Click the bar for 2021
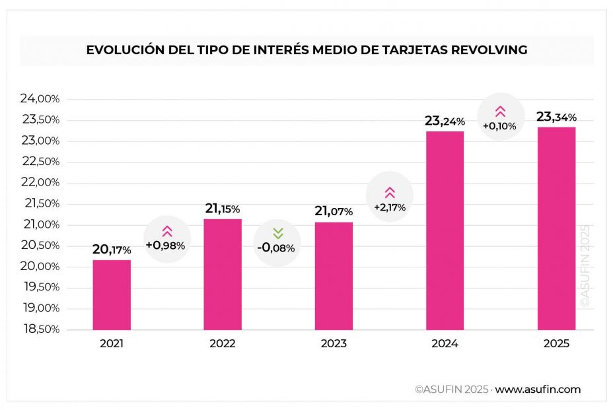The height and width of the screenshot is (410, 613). tap(112, 294)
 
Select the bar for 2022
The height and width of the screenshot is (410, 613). tap(223, 274)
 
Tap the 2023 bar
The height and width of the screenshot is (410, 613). tap(334, 275)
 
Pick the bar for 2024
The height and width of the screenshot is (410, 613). tap(445, 230)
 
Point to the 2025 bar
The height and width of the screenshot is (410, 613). tap(556, 228)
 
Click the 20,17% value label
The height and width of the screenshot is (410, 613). tap(112, 250)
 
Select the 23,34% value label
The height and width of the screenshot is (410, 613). tap(556, 117)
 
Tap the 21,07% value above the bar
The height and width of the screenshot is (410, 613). tap(334, 211)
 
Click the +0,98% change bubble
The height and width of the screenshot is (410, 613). tap(166, 239)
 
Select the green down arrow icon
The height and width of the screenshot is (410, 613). tap(277, 232)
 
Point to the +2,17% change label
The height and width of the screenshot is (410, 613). tap(389, 207)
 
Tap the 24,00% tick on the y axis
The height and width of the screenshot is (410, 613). tap(40, 99)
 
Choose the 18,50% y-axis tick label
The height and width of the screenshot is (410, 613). tap(40, 329)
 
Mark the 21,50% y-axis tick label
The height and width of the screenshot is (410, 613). tap(40, 204)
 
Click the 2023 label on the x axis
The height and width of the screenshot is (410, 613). tap(334, 344)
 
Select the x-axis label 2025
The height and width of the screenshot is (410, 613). tap(556, 344)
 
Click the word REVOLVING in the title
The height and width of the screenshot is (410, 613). tap(486, 50)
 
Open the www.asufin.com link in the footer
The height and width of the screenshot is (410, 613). tap(538, 390)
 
